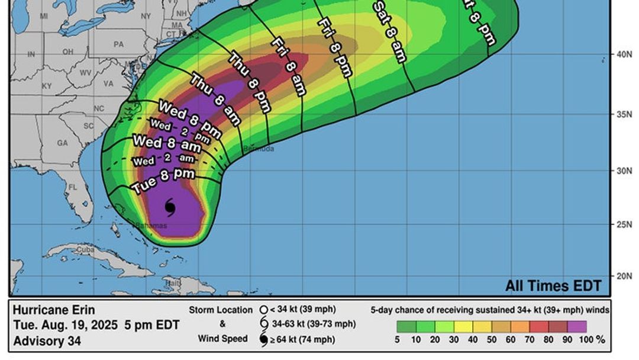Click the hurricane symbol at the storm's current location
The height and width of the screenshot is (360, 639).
point(170,207)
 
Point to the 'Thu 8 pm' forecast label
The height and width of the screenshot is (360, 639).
point(250,83)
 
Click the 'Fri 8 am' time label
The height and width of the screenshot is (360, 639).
point(289,66)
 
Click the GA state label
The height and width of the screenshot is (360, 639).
point(62,143)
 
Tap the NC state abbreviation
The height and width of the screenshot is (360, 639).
point(99,108)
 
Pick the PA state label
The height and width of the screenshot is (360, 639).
point(119,44)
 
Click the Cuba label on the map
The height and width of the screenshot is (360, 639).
point(85,250)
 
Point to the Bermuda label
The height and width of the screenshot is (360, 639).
point(259,149)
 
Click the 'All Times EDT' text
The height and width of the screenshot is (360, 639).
point(553,286)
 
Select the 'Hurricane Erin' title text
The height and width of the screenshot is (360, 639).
point(54,310)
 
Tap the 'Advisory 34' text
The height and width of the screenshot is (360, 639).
point(47,341)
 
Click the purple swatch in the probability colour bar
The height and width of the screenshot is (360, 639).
point(577,326)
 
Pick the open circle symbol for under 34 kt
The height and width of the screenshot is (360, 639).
point(264,310)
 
